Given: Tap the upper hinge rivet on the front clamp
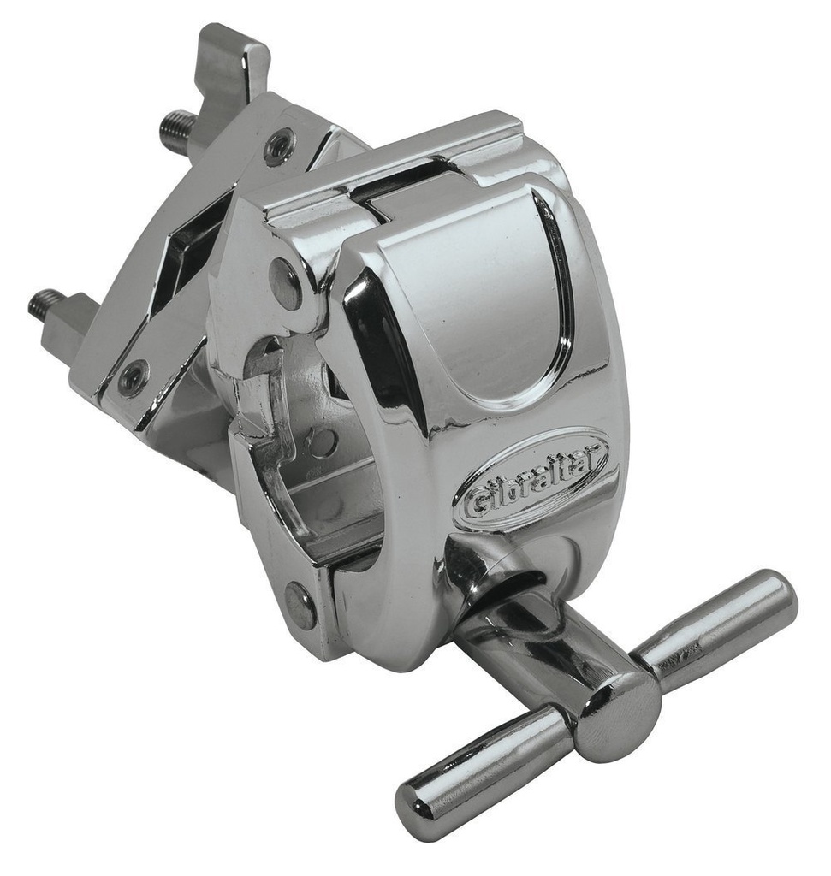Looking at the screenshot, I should [x=285, y=281].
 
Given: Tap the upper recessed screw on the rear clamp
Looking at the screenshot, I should [x=280, y=145].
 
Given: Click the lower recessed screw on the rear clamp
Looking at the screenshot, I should [x=133, y=377].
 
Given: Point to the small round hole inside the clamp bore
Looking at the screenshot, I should [x=322, y=440].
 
